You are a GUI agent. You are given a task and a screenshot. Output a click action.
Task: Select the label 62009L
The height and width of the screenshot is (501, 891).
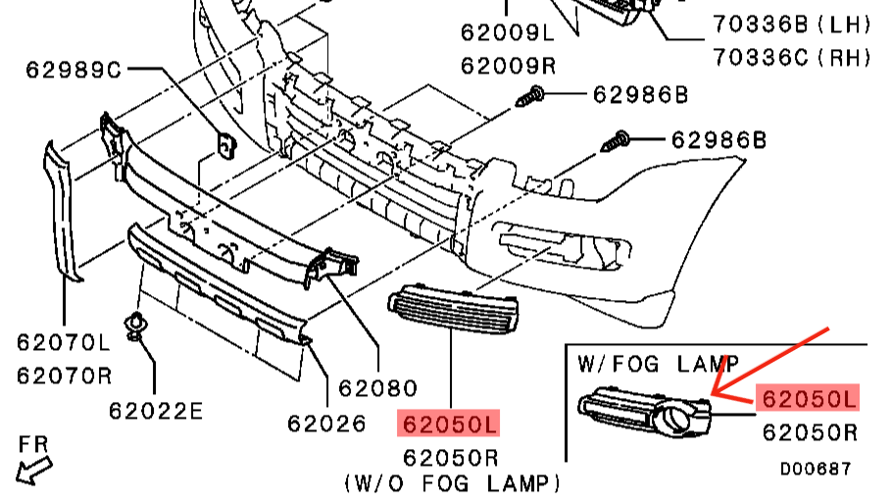(x=508, y=33)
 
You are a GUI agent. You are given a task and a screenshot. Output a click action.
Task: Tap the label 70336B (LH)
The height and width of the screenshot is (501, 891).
(x=792, y=22)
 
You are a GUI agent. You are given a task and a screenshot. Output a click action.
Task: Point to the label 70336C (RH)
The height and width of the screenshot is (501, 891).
(x=792, y=57)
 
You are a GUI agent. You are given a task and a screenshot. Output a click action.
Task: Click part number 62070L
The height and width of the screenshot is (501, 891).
(x=64, y=342)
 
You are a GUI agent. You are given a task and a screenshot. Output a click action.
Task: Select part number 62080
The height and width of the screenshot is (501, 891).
(x=377, y=388)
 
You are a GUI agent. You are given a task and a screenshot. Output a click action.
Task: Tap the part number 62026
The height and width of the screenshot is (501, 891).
(x=326, y=424)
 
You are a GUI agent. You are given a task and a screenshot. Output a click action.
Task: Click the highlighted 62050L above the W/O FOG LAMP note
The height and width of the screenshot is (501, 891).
(x=449, y=424)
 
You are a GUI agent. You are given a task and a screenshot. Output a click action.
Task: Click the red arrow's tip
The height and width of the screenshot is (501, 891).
(x=714, y=396)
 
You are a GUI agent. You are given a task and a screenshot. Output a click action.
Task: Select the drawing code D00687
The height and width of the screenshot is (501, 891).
(x=816, y=470)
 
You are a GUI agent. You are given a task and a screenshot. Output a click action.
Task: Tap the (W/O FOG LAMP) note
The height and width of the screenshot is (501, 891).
(x=452, y=482)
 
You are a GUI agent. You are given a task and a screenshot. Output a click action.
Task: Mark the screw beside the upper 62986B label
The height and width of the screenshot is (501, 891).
(x=530, y=96)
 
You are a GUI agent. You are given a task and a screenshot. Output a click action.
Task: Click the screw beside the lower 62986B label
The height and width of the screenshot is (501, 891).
(x=615, y=140)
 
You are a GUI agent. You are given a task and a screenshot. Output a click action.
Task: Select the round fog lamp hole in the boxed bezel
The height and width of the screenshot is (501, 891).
(x=677, y=422)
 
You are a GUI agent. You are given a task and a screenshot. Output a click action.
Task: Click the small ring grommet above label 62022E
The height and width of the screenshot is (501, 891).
(x=134, y=325)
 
